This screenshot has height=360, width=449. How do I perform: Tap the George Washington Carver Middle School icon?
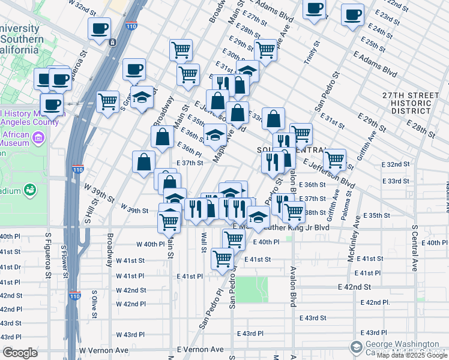coord(356,347)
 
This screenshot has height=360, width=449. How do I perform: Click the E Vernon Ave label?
coord(200,350)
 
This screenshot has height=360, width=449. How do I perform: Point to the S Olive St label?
coord(94,303)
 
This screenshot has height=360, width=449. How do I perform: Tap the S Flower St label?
coord(63,258)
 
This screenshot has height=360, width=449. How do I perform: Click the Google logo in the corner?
coord(20,353)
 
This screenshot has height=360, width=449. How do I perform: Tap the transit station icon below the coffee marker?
coord(112,42)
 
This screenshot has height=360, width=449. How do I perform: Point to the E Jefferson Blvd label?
coord(328,171)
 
